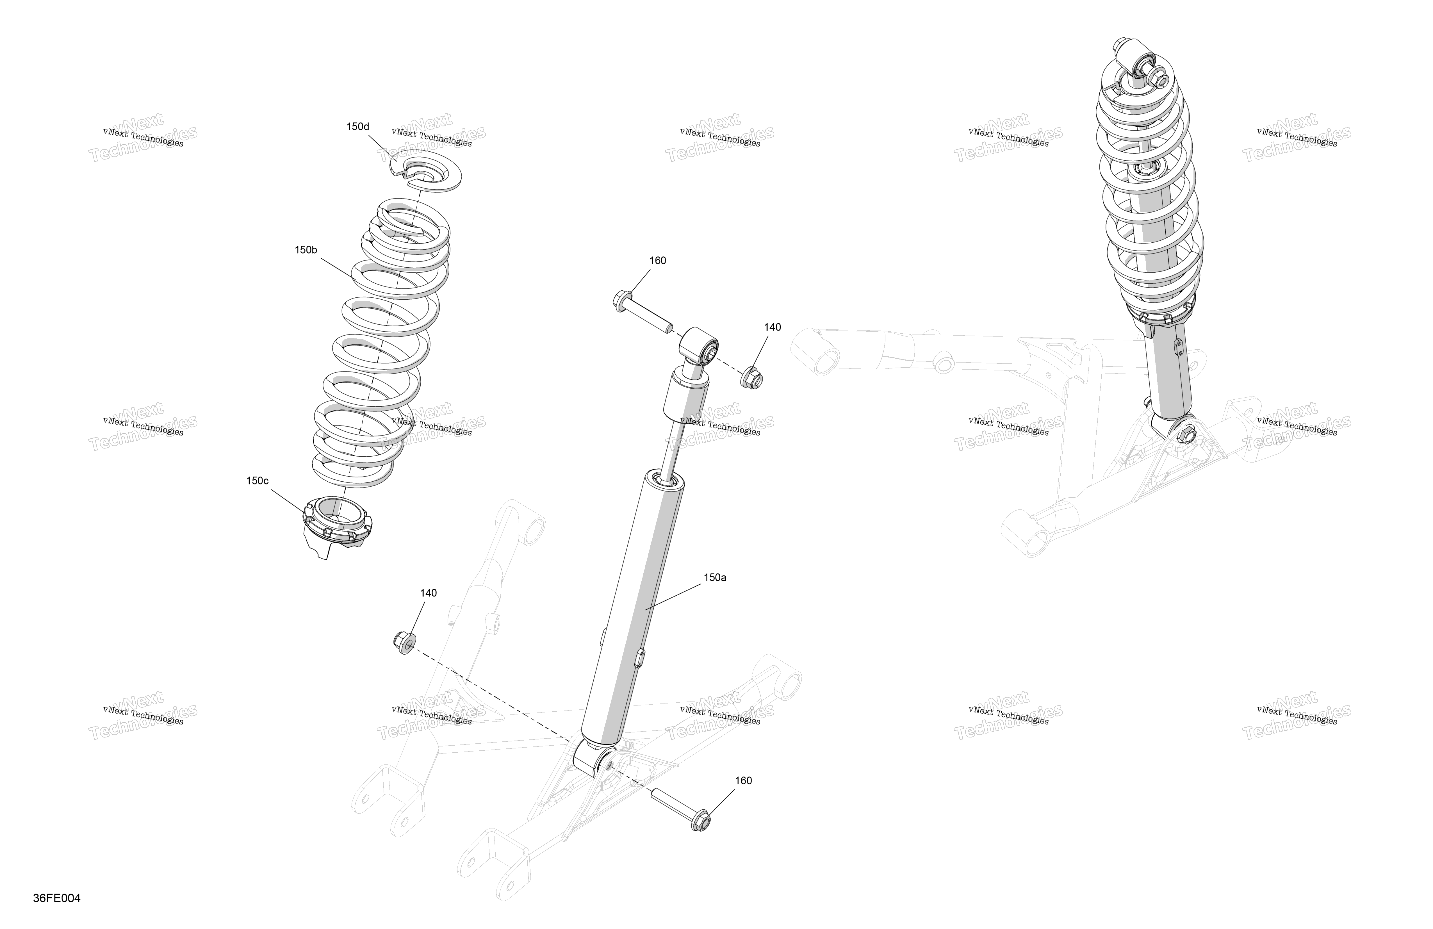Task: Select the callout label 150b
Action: (306, 250)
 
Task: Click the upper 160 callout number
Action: (657, 261)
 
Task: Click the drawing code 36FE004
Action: (57, 898)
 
